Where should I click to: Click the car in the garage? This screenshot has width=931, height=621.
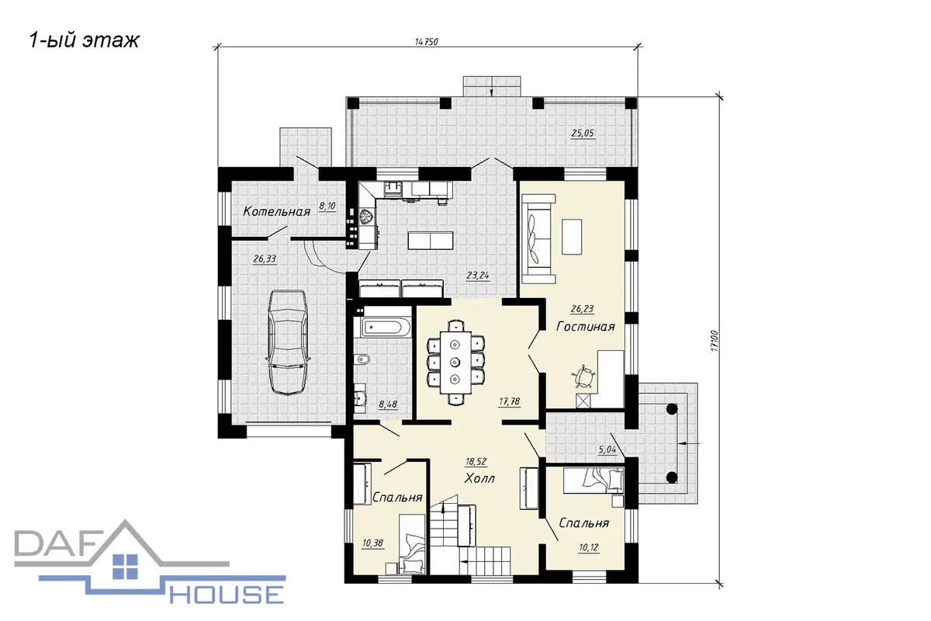(287, 342)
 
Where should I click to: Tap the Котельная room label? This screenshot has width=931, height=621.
(276, 212)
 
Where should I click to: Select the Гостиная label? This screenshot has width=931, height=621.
(585, 327)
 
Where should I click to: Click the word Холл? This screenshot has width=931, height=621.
(479, 478)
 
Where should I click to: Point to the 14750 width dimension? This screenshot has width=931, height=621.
(427, 42)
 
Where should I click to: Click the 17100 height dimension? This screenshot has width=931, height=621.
(715, 341)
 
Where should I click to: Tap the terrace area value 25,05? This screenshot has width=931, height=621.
(583, 134)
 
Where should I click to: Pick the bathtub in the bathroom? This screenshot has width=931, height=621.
(386, 327)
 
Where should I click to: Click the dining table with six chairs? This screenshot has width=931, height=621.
(456, 363)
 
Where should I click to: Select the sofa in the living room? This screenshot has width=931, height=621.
(538, 239)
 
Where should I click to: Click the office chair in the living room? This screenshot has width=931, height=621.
(584, 376)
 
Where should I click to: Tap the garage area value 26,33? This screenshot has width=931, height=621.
(265, 259)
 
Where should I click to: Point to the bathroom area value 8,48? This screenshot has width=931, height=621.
(388, 404)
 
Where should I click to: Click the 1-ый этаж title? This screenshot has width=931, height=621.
(84, 41)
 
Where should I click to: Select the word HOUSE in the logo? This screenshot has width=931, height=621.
(227, 595)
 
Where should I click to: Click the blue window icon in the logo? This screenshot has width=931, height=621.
(125, 567)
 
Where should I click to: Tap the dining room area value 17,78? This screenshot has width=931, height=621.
(510, 402)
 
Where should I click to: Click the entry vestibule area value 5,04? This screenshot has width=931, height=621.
(607, 449)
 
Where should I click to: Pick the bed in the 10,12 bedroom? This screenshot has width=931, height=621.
(594, 480)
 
